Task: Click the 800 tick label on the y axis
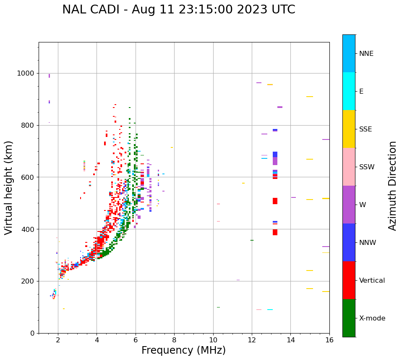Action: click(28, 125)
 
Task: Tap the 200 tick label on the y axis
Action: click(28, 281)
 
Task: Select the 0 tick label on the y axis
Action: click(32, 333)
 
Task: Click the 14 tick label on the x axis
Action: click(291, 340)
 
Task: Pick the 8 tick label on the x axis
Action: click(174, 340)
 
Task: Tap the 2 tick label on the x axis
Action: click(58, 340)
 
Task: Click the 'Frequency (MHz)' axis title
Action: click(183, 350)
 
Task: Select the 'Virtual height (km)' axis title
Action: click(9, 188)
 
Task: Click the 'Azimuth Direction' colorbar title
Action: click(392, 186)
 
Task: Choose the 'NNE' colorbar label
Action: click(366, 54)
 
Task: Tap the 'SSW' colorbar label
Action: click(367, 167)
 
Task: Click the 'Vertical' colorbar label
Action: click(372, 281)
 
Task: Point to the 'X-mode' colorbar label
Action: click(372, 318)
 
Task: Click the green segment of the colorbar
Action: click(349, 318)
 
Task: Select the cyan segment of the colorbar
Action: click(349, 91)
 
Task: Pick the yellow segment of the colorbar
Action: click(349, 129)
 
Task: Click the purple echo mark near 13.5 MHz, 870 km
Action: click(280, 107)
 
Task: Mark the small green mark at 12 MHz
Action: click(252, 240)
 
